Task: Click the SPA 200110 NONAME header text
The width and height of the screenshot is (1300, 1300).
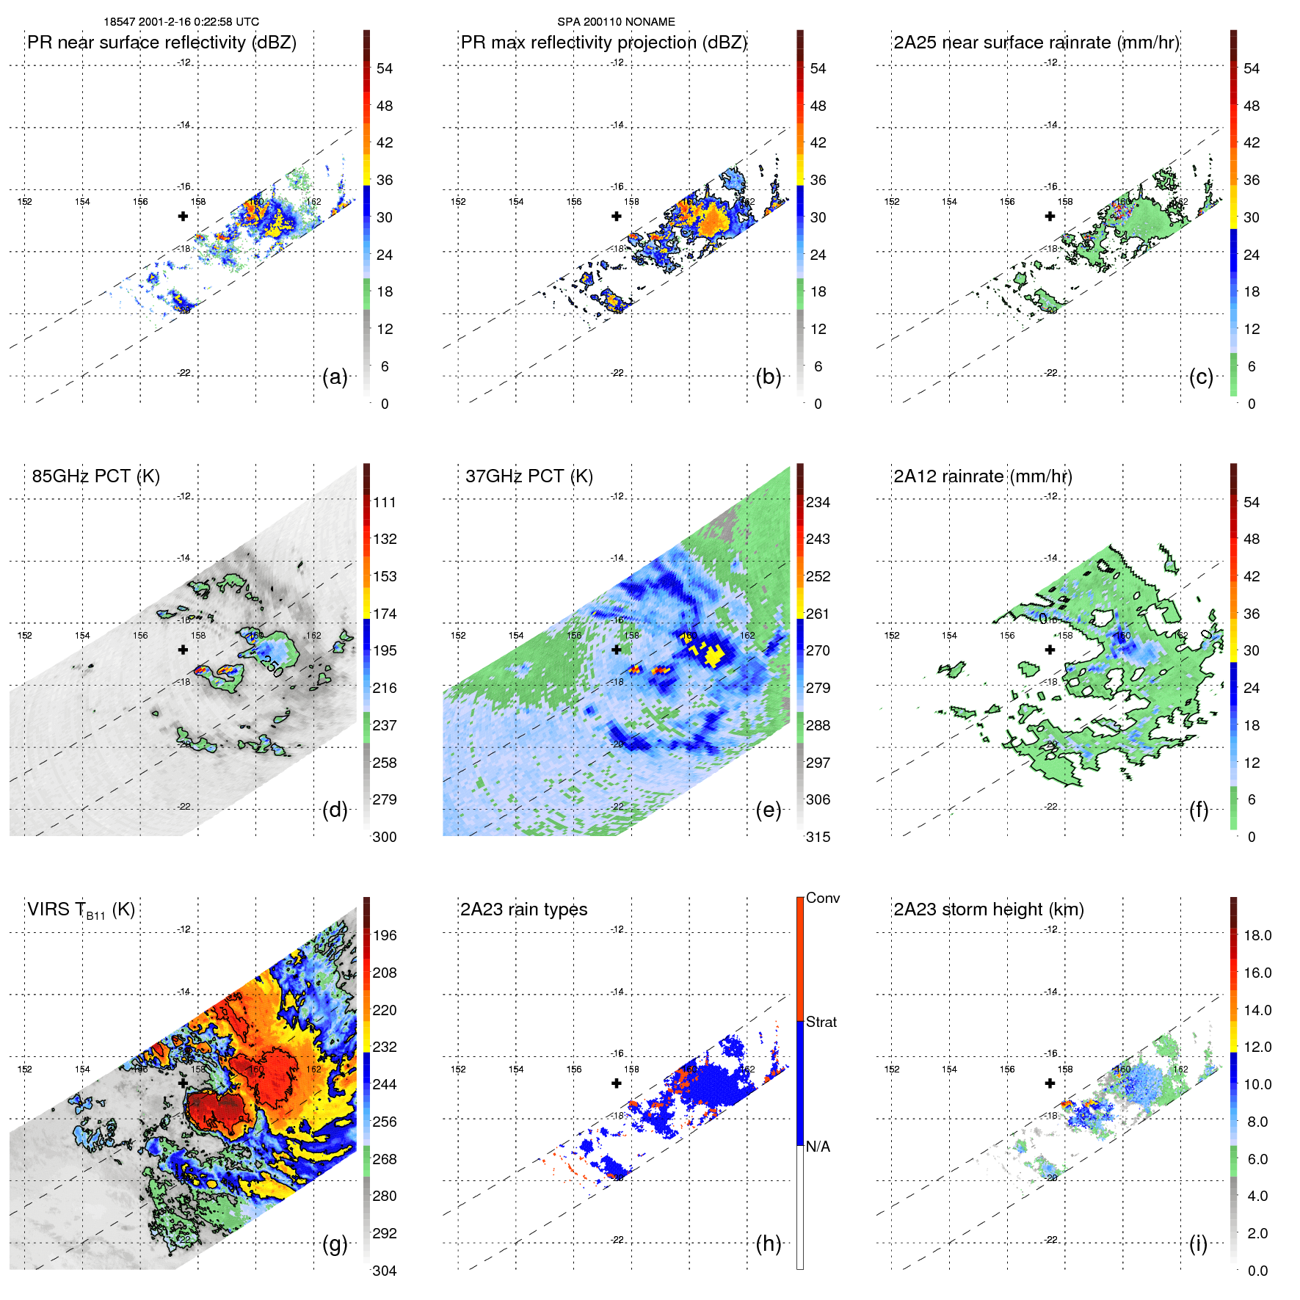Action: [x=616, y=22]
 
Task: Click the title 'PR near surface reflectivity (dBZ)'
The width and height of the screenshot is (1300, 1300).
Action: [x=161, y=43]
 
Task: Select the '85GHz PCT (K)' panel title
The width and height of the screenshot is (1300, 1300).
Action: [x=95, y=476]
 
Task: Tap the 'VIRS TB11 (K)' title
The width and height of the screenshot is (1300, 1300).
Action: [x=81, y=910]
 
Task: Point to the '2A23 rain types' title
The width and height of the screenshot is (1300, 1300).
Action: [x=523, y=909]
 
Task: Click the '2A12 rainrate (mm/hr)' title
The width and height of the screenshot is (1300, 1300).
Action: [x=983, y=476]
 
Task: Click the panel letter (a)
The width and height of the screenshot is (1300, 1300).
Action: [x=335, y=377]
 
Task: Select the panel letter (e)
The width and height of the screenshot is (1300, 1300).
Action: [x=769, y=810]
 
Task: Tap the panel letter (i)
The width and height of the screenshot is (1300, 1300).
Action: [x=1198, y=1243]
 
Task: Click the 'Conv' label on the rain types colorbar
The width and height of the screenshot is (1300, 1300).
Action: [x=823, y=898]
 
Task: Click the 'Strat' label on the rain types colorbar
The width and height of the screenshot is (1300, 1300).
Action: [x=821, y=1022]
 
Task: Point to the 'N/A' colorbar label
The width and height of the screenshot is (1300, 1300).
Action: [x=818, y=1147]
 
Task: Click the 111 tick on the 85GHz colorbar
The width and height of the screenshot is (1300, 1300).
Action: [x=384, y=503]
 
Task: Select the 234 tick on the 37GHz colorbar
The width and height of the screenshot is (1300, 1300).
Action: [x=818, y=503]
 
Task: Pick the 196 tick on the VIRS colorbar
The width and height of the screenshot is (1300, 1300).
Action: [x=384, y=936]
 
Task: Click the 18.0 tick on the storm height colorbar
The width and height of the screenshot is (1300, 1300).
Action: [x=1257, y=936]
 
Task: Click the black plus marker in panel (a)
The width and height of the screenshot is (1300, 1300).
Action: [x=183, y=216]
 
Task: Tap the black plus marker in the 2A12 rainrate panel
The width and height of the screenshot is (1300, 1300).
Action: [x=1050, y=650]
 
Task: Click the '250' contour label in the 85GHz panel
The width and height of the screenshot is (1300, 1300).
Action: [x=271, y=665]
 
